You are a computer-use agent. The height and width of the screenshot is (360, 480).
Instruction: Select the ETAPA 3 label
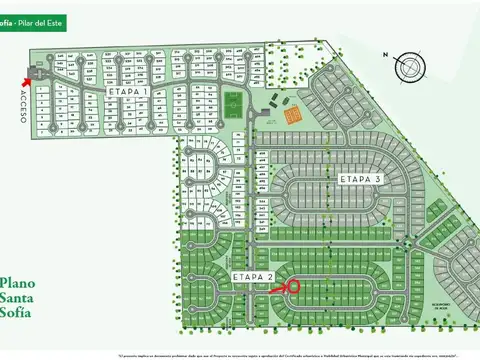pyautogui.click(x=361, y=179)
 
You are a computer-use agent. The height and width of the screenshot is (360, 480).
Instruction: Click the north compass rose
pyautogui.click(x=410, y=67)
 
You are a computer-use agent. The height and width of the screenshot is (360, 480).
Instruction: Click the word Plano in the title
pyautogui.click(x=18, y=282)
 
